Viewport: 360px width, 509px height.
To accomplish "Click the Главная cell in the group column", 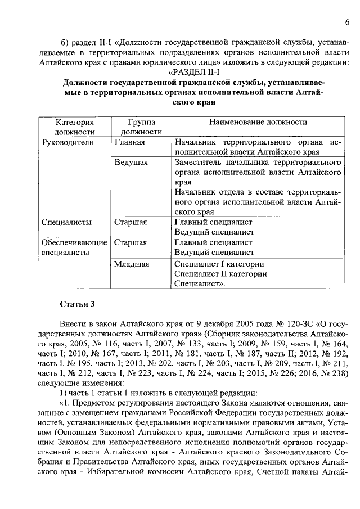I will click(x=130, y=142).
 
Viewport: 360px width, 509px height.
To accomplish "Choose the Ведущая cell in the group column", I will click(x=131, y=162).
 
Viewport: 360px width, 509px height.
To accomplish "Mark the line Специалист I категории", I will click(x=219, y=263).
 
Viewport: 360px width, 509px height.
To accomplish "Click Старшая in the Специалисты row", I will click(x=130, y=222).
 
